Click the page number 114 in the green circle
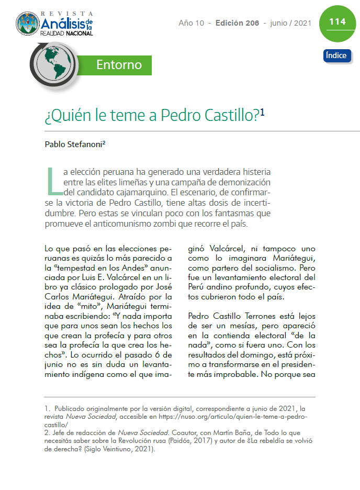point(337,22)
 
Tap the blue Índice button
point(336,55)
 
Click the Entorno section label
point(119,65)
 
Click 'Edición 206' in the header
point(238,23)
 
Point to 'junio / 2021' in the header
point(291,23)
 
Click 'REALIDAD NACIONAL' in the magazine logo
point(66,33)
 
